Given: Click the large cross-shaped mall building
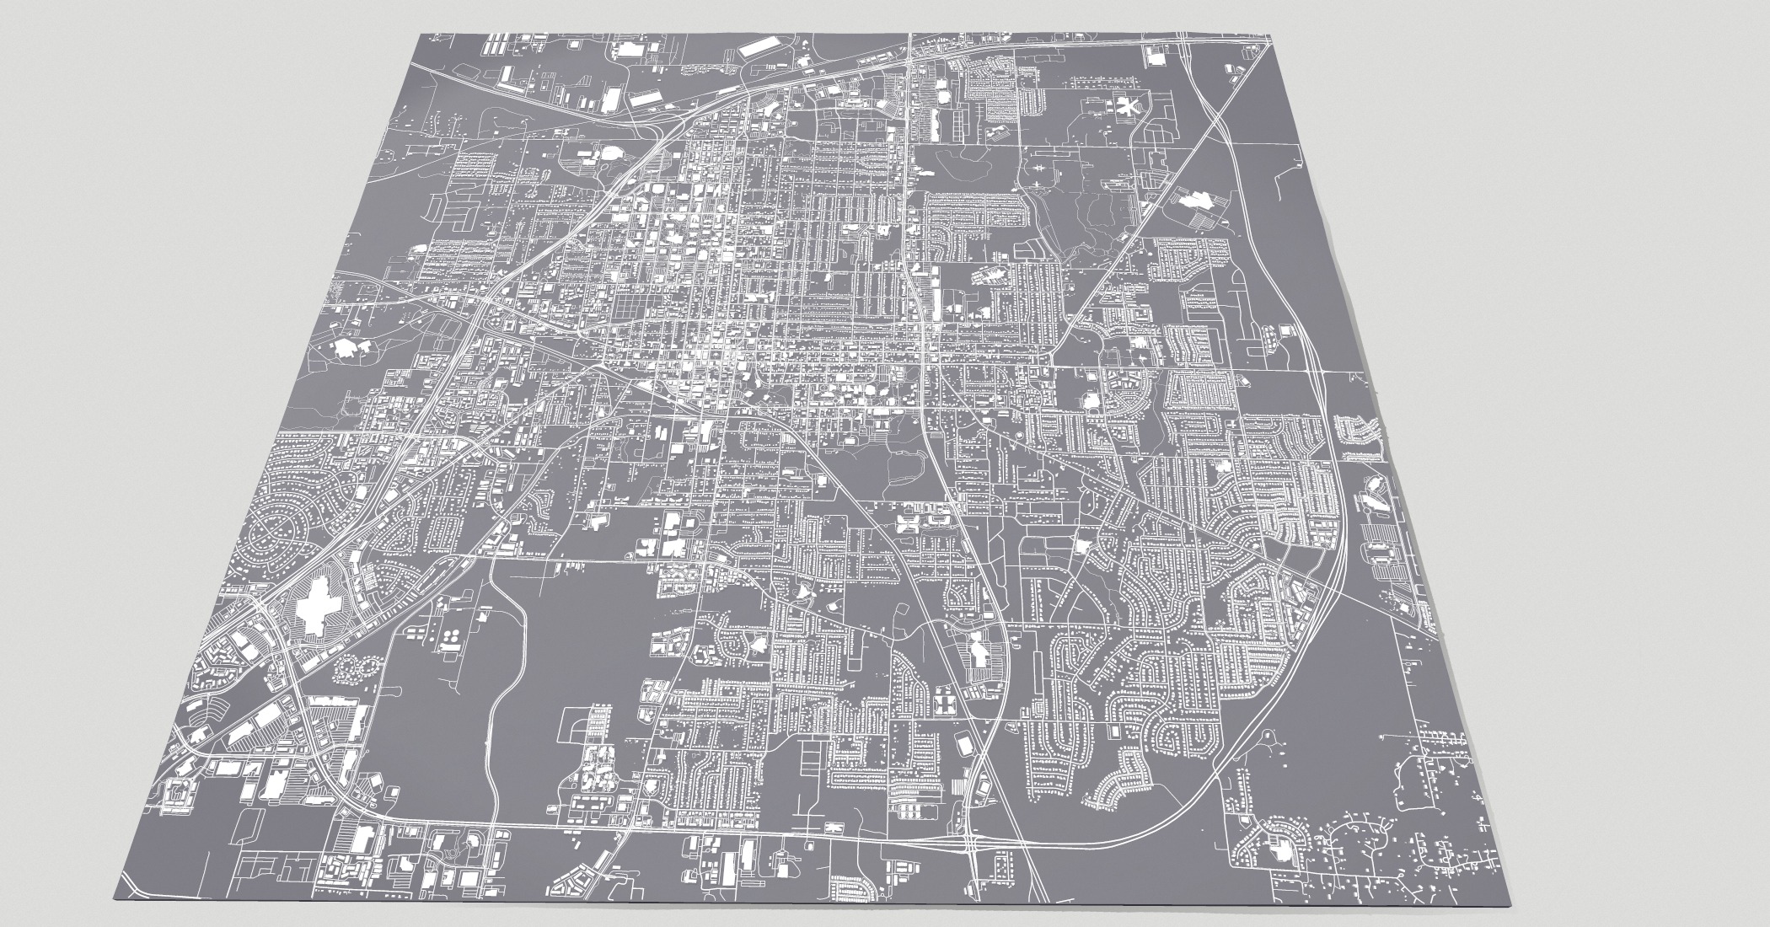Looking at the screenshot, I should click(x=316, y=608).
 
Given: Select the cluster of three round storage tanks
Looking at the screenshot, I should click(x=453, y=634).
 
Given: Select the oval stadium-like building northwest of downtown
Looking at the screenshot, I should click(x=608, y=155).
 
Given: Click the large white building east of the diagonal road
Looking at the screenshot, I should click(x=1196, y=200).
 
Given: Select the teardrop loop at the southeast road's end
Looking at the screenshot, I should click(x=1264, y=737).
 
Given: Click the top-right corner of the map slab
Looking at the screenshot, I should click(x=1270, y=35).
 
